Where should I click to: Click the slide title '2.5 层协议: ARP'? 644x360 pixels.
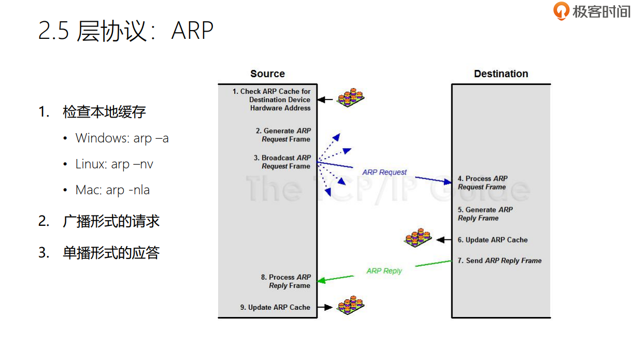pyautogui.click(x=126, y=31)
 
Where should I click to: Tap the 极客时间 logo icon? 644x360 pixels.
pyautogui.click(x=561, y=11)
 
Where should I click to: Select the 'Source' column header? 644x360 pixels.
pyautogui.click(x=267, y=74)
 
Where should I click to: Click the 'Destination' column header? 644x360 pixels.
pyautogui.click(x=501, y=74)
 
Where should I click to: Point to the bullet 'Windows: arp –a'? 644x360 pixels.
pyautogui.click(x=122, y=138)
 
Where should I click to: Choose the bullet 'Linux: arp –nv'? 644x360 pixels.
pyautogui.click(x=114, y=164)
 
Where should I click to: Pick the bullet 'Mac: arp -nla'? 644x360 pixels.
pyautogui.click(x=112, y=190)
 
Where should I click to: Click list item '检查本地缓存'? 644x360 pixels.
pyautogui.click(x=104, y=112)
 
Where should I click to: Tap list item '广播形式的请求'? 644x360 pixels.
pyautogui.click(x=111, y=222)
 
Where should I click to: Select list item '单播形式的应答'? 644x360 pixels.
pyautogui.click(x=111, y=253)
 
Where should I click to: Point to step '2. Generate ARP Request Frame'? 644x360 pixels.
pyautogui.click(x=283, y=135)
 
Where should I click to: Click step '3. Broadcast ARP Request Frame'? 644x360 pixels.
pyautogui.click(x=282, y=162)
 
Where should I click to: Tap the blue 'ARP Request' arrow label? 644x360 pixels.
pyautogui.click(x=384, y=172)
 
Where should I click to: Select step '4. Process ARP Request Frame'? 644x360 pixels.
pyautogui.click(x=482, y=183)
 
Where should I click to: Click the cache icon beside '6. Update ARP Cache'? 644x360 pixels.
pyautogui.click(x=418, y=238)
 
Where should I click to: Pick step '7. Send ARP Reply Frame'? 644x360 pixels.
pyautogui.click(x=499, y=261)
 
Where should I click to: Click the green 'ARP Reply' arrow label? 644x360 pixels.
pyautogui.click(x=384, y=271)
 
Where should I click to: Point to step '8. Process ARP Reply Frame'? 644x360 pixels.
pyautogui.click(x=286, y=281)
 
